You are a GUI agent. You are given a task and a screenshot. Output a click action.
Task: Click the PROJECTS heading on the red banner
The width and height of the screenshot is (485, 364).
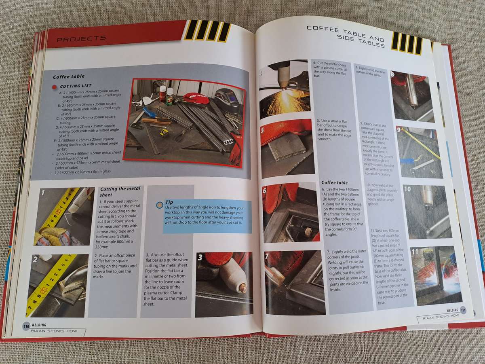(81, 39)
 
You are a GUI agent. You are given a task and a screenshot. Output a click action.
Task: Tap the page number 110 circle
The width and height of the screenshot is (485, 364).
(26, 326)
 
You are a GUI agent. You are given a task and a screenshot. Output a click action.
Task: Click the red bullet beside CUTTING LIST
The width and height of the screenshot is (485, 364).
(54, 87)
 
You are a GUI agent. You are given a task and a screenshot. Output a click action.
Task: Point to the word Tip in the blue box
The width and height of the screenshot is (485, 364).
(170, 202)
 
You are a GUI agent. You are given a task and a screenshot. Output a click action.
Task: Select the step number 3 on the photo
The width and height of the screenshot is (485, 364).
(200, 258)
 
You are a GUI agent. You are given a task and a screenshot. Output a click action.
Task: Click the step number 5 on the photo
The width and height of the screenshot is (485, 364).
(263, 131)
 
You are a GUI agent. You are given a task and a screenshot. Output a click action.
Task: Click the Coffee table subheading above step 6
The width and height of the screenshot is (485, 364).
(334, 182)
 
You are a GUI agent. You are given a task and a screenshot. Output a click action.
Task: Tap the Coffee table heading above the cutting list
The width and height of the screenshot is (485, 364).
(69, 76)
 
